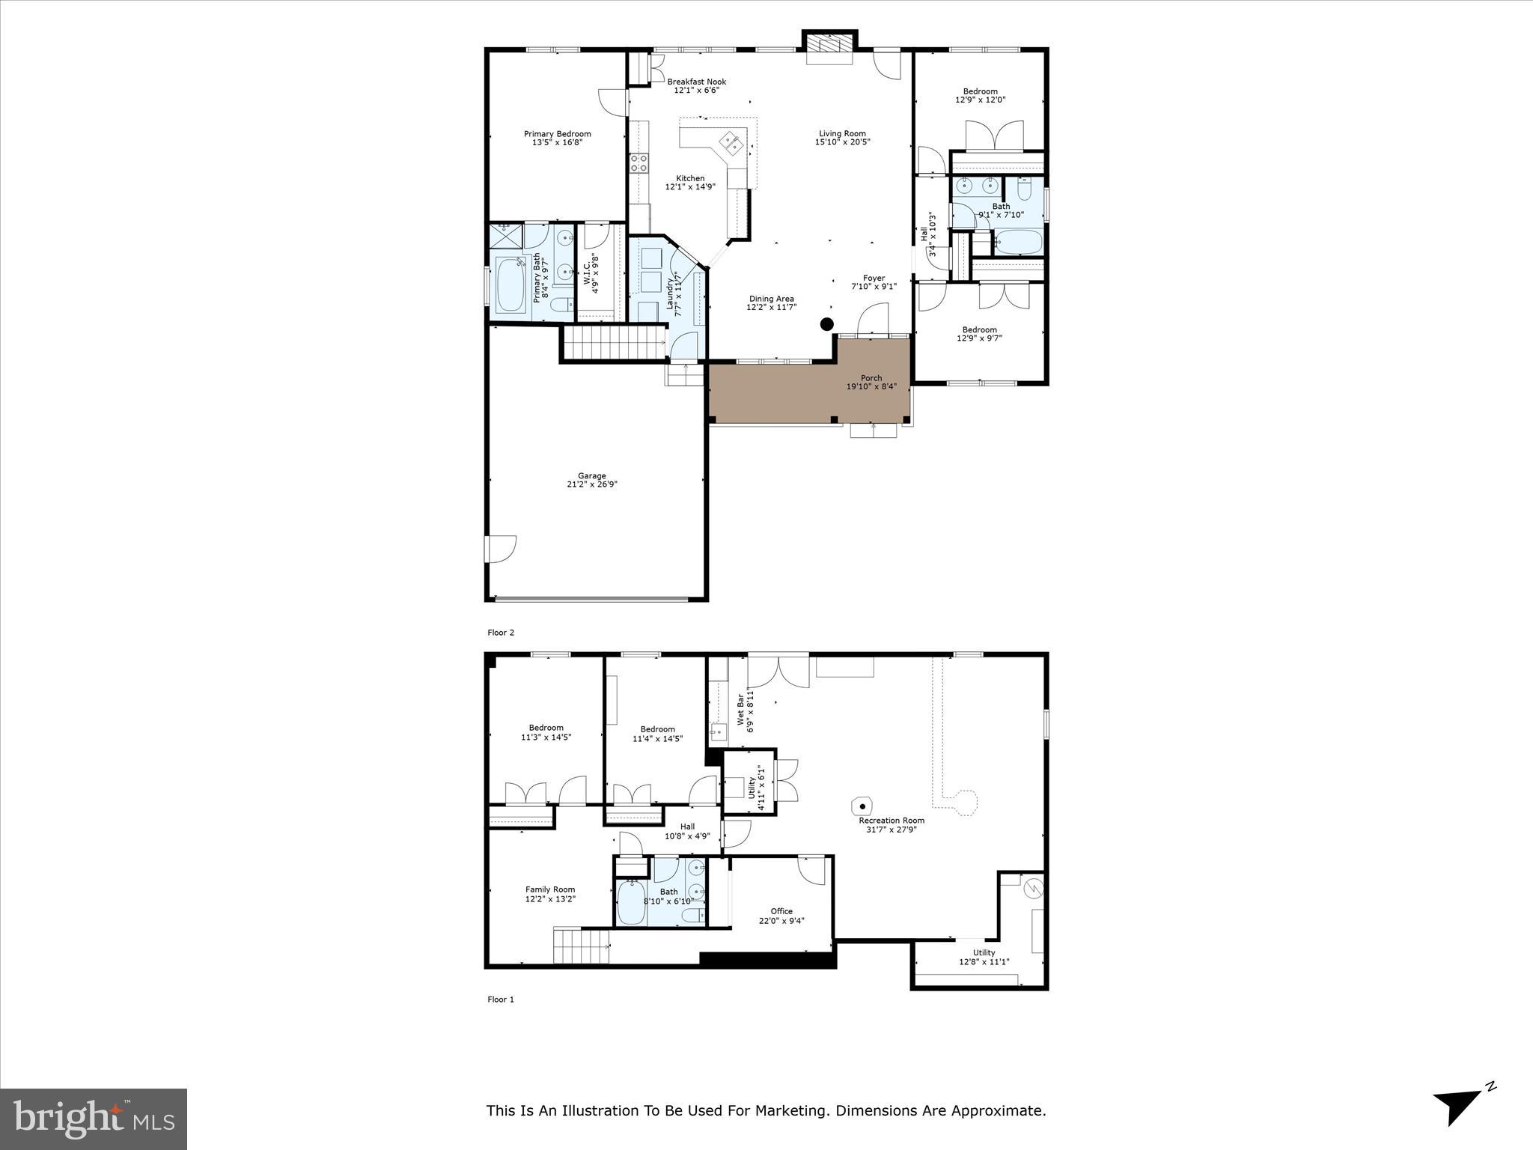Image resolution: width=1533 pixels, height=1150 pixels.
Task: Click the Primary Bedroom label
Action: (x=557, y=135)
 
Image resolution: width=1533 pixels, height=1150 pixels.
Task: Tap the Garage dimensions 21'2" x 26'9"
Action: (x=591, y=484)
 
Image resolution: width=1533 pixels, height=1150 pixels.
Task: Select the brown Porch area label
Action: (x=871, y=378)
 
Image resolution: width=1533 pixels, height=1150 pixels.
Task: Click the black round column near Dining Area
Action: (x=826, y=324)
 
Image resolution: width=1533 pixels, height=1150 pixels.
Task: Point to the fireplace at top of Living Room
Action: (x=829, y=47)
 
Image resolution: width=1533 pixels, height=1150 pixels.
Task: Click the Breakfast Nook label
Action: (x=696, y=82)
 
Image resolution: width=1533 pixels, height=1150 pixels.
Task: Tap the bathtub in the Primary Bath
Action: (x=511, y=285)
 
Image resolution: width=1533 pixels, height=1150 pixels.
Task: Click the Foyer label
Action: (x=874, y=278)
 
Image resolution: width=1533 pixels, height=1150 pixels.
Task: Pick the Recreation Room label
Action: (x=892, y=821)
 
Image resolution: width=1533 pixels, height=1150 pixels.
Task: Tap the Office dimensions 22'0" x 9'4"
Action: (x=781, y=921)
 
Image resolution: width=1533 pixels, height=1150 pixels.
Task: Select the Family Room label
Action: (x=550, y=889)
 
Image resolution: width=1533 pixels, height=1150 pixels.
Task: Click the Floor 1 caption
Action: (x=501, y=999)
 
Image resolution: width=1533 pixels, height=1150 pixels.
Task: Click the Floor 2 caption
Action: (x=501, y=633)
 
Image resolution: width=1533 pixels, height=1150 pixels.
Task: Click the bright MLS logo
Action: (x=94, y=1119)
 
